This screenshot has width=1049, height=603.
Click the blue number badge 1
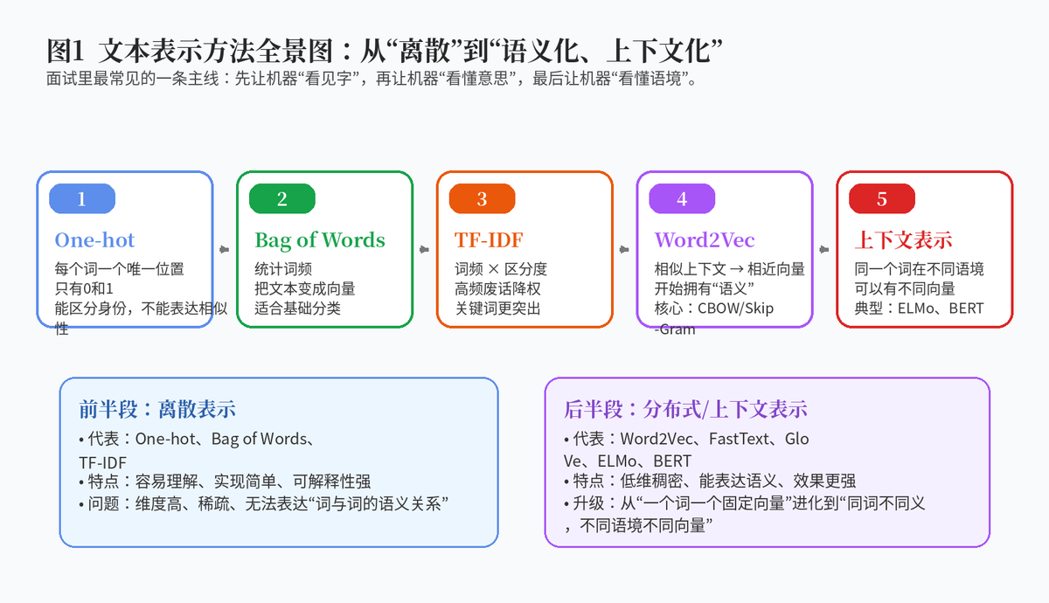point(82,198)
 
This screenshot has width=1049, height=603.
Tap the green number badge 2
point(281,198)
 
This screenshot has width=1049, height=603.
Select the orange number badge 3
point(482,198)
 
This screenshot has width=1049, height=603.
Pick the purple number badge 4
point(682,198)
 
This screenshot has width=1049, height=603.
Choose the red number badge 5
point(882,198)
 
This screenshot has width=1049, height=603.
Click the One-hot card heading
point(94,240)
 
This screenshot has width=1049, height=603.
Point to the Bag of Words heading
point(320,240)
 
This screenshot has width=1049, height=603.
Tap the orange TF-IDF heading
point(489,240)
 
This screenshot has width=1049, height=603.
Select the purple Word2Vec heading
point(705,240)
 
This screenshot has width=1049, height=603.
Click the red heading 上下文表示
point(903,240)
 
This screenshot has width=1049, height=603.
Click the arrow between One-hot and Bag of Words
point(225,250)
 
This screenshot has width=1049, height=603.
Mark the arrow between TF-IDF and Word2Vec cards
point(624,250)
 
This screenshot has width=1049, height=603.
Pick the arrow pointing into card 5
point(824,250)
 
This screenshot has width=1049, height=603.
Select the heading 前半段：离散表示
point(156,409)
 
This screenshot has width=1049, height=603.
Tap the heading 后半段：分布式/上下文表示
point(685,409)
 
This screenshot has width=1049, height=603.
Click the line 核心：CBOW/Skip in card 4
point(713,308)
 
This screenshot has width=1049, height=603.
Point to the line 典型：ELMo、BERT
point(919,308)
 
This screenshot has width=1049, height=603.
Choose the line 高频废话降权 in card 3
point(497,289)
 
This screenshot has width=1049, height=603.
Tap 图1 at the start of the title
point(65,51)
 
